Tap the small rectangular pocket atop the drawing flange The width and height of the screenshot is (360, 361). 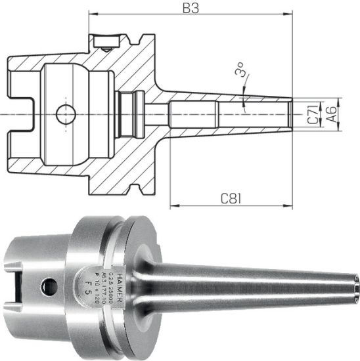point(103,44)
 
